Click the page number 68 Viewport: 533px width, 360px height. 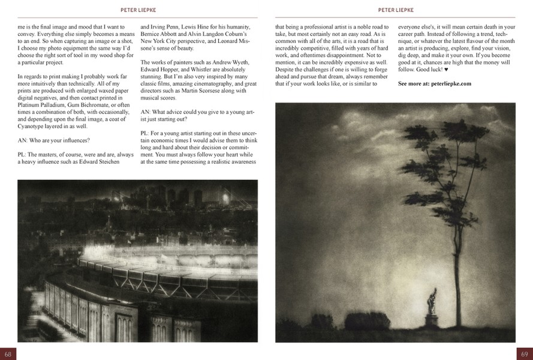point(8,353)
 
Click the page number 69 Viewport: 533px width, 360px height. point(525,353)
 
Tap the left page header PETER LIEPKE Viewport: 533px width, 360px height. point(137,10)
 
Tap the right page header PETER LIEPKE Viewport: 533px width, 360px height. point(395,10)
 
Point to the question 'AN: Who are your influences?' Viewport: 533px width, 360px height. point(54,140)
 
